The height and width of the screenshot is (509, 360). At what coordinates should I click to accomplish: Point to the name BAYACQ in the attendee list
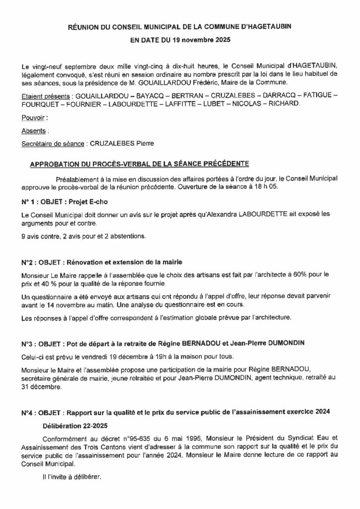(134, 94)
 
